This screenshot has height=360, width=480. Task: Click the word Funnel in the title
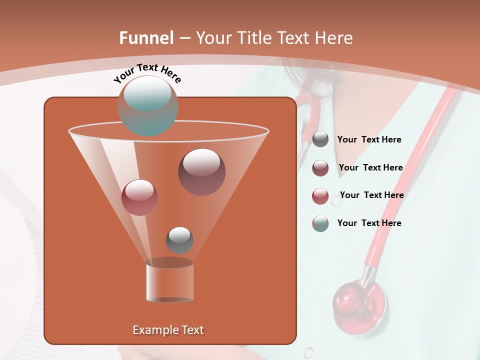[x=146, y=38]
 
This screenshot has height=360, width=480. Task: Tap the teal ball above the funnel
[x=147, y=105]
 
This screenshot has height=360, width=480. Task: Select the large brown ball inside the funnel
[x=201, y=172]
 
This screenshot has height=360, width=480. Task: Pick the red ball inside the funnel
[x=139, y=197]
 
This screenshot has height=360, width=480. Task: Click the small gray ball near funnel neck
[x=179, y=240]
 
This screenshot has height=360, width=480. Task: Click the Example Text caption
[x=168, y=330]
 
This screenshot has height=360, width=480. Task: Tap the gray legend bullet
[x=320, y=139]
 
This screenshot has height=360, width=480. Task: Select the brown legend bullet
[x=320, y=168]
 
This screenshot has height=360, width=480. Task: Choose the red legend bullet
[x=320, y=196]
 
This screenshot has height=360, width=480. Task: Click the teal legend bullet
[x=320, y=223]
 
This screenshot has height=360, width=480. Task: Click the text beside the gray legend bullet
[x=369, y=140]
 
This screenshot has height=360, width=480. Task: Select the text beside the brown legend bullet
[x=370, y=167]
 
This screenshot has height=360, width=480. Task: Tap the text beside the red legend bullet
[x=371, y=195]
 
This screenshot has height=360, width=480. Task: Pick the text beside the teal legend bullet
[x=369, y=223]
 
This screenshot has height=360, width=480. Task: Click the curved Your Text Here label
[x=147, y=72]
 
